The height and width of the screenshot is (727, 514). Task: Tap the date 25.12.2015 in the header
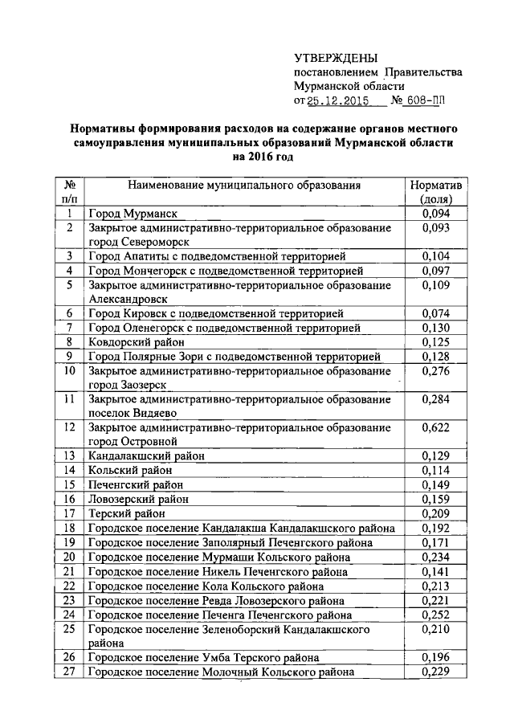(x=337, y=101)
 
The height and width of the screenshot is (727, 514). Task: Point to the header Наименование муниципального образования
(x=243, y=186)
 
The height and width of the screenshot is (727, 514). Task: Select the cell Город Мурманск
(x=133, y=214)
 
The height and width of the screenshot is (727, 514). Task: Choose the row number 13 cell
(x=69, y=455)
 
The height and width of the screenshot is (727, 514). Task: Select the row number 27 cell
(x=69, y=672)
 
